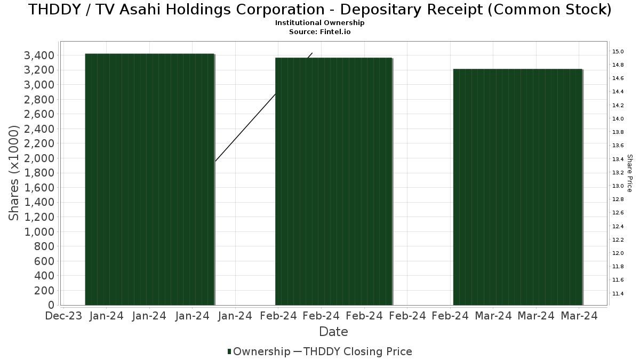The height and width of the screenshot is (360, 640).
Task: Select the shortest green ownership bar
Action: point(517,187)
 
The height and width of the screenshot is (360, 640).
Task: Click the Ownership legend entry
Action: point(259,351)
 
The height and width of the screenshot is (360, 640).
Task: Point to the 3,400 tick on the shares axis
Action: point(39,55)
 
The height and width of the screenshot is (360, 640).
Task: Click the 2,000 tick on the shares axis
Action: point(39,158)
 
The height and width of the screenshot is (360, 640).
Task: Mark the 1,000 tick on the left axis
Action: point(39,231)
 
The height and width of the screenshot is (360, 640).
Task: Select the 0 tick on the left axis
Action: point(51,305)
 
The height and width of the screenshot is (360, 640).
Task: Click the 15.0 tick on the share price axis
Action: point(618,52)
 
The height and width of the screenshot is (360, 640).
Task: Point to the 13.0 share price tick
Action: point(618,186)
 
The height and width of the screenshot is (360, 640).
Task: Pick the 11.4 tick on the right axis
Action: point(618,293)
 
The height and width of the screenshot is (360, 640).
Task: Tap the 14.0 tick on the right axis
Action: point(618,119)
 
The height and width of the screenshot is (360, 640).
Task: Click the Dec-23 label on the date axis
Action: point(63,316)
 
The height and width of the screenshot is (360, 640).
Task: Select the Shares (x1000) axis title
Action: point(14,173)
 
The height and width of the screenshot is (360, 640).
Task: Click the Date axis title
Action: point(333,332)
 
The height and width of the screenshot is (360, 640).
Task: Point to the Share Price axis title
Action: point(629,173)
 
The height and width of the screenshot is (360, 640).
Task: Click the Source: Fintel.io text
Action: point(320,31)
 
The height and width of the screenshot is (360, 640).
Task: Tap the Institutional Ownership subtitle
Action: point(320,23)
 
